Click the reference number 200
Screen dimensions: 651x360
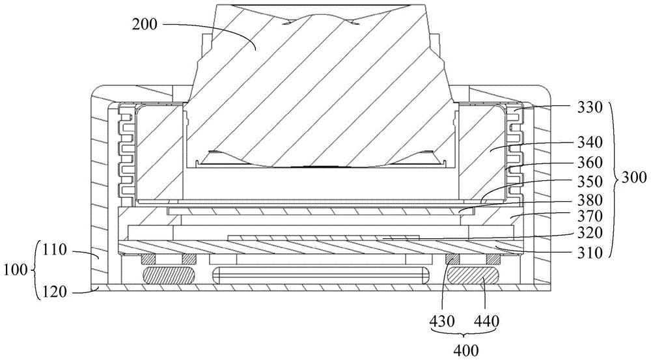[x=145, y=25]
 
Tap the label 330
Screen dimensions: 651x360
[x=590, y=107]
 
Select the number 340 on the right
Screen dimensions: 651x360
[x=590, y=143]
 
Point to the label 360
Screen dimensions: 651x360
[x=590, y=162]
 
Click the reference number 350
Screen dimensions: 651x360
[x=590, y=182]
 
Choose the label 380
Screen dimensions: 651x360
[x=590, y=200]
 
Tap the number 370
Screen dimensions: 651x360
[x=590, y=216]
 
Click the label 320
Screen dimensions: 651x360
[x=590, y=233]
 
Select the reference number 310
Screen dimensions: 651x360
[x=590, y=252]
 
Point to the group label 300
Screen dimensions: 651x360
[x=633, y=178]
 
